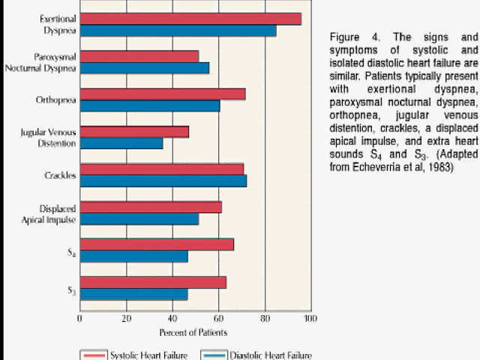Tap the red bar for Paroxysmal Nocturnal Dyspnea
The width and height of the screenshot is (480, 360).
(x=139, y=56)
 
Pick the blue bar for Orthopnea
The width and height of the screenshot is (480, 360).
(x=150, y=106)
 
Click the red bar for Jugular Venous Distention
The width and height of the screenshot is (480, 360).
(x=134, y=131)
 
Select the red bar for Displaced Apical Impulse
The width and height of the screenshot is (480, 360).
(x=151, y=207)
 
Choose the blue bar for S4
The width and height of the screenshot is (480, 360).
(x=133, y=256)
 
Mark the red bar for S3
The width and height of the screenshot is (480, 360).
(x=153, y=282)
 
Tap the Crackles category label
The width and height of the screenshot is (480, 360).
(x=60, y=175)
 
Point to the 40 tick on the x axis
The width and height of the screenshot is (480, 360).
(x=172, y=316)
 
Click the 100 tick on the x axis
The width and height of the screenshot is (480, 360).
(x=310, y=316)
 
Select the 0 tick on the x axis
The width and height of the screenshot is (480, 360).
(x=80, y=316)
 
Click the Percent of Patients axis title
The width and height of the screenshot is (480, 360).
(x=193, y=331)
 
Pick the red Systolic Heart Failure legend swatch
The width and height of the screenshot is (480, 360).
(x=93, y=355)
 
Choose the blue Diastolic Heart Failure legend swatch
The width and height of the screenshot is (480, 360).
(x=213, y=355)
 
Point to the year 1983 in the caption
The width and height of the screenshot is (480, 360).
(x=438, y=167)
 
